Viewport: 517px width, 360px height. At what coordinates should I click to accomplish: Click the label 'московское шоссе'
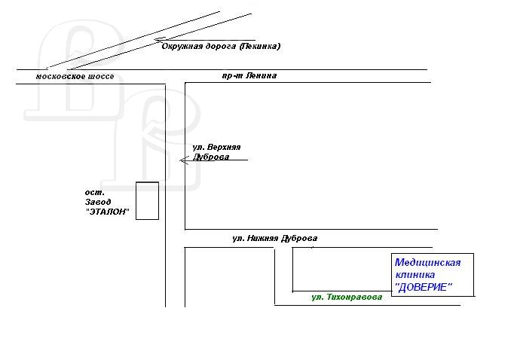click(75, 77)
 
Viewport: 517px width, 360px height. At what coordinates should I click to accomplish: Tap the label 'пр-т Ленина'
click(249, 76)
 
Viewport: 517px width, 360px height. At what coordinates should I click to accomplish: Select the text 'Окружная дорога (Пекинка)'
click(221, 46)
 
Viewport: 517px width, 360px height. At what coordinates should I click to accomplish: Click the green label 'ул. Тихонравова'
click(347, 297)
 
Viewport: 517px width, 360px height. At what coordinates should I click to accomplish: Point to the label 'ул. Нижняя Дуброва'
click(274, 238)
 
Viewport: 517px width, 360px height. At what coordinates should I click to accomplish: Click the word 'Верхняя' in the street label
click(225, 147)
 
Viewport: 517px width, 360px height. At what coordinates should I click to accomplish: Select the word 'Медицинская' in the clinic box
click(427, 263)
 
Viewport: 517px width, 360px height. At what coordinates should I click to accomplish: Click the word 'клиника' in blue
click(415, 275)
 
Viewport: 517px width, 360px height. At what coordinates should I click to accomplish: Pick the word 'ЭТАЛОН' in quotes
click(107, 212)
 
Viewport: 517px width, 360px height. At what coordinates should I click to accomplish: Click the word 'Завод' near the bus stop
click(98, 202)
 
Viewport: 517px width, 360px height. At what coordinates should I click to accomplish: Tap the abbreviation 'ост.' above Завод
click(95, 192)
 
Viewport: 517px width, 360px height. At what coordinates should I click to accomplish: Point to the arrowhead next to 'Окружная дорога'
click(158, 40)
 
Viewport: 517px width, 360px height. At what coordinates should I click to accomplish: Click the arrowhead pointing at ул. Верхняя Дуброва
click(182, 160)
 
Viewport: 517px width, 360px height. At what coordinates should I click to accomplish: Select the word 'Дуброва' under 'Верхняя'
click(211, 157)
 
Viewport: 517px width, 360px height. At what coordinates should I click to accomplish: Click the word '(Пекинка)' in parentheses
click(260, 46)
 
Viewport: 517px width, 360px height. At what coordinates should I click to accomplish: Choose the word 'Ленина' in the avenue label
click(262, 76)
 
